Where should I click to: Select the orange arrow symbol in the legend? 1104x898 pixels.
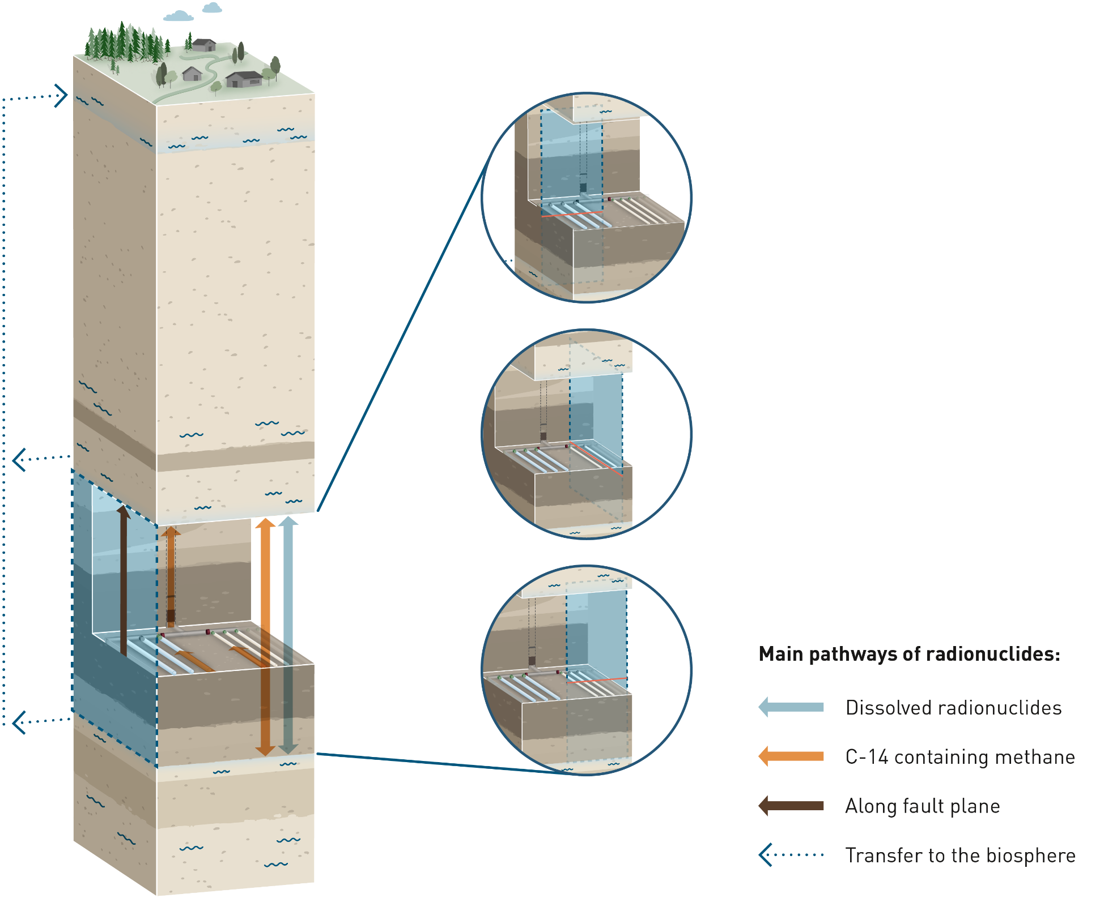(791, 756)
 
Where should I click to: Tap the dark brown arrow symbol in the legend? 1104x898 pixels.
(791, 806)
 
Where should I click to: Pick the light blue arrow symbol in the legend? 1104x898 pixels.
(791, 707)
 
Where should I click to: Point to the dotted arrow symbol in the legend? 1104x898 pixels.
(791, 855)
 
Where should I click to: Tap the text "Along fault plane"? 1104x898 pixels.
(922, 806)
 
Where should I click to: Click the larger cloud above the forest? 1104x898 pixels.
(179, 16)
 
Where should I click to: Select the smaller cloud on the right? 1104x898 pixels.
(213, 7)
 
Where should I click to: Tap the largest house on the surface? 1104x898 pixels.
(244, 79)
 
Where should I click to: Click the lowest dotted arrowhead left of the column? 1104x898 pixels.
(19, 722)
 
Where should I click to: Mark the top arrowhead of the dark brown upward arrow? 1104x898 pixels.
(123, 511)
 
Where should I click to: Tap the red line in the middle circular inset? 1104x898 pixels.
(598, 460)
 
